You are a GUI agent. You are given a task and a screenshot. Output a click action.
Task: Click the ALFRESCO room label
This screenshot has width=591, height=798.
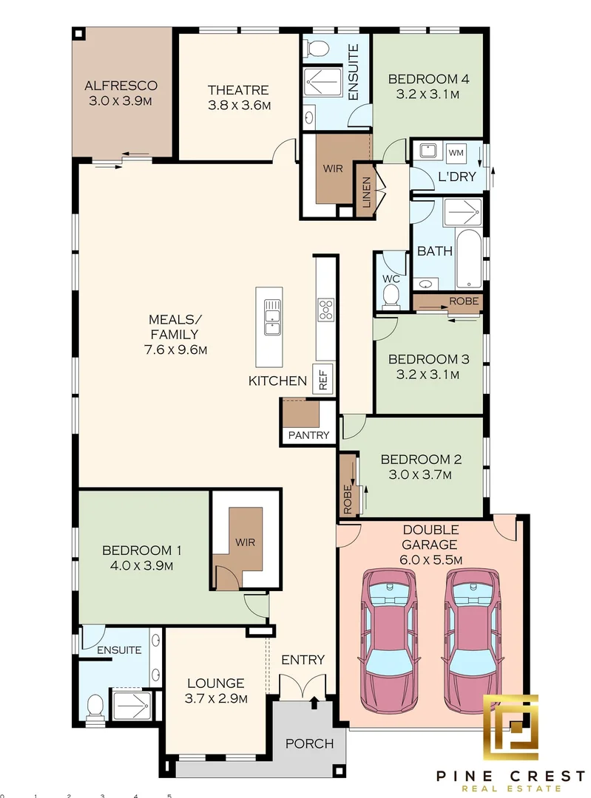(121, 86)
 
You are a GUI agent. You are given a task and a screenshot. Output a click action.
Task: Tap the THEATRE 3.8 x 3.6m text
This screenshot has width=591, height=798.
(238, 98)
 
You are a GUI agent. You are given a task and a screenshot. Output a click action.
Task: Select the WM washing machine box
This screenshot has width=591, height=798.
(456, 153)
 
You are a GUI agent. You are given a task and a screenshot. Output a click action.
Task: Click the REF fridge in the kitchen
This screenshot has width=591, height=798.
(323, 379)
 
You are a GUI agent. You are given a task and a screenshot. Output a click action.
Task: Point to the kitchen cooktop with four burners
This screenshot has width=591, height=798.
(325, 310)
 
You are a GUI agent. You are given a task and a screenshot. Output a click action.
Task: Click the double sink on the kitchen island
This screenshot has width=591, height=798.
(271, 316)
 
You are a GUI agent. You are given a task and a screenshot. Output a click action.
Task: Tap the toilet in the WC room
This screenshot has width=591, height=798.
(391, 296)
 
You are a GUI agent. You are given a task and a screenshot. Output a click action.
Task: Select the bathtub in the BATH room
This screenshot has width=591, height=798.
(468, 259)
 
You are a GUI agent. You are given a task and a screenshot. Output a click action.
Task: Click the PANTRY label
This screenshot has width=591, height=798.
(308, 435)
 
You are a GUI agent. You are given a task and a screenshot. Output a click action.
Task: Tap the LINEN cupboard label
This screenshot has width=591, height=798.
(366, 192)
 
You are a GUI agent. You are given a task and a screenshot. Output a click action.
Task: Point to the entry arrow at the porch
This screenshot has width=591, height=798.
(315, 703)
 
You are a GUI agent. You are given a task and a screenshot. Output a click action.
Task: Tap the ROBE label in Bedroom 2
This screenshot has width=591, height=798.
(348, 499)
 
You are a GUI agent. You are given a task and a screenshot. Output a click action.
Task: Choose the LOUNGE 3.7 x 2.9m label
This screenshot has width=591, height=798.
(216, 691)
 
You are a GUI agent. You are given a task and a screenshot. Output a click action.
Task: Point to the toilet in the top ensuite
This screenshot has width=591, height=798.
(317, 49)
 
